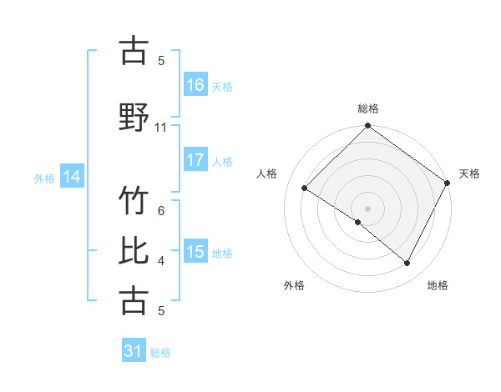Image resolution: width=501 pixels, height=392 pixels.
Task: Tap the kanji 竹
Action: tap(134, 201)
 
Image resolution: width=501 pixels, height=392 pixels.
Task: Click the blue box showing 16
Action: tap(195, 84)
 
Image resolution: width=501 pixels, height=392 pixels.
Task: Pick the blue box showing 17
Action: tap(195, 160)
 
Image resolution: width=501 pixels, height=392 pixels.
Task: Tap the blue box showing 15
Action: tap(195, 252)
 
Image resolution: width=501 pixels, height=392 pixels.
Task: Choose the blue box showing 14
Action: tap(72, 176)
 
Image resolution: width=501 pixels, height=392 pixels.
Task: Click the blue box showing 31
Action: tap(134, 351)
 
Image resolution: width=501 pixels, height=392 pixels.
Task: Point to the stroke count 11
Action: tap(161, 128)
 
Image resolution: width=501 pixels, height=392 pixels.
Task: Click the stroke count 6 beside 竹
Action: tap(161, 212)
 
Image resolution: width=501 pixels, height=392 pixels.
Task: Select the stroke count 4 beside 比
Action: tap(161, 261)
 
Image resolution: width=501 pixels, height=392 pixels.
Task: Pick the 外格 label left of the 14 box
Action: tap(44, 177)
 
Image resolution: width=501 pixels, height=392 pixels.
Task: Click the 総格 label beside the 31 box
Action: tap(160, 353)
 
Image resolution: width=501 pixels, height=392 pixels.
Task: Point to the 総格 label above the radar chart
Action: tap(368, 108)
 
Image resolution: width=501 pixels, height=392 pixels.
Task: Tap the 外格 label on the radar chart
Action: tap(294, 285)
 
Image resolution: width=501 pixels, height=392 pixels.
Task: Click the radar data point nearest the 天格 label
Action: tap(448, 183)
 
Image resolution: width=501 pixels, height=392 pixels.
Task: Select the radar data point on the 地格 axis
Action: tap(407, 264)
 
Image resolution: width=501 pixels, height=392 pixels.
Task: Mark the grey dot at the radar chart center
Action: tap(367, 208)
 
